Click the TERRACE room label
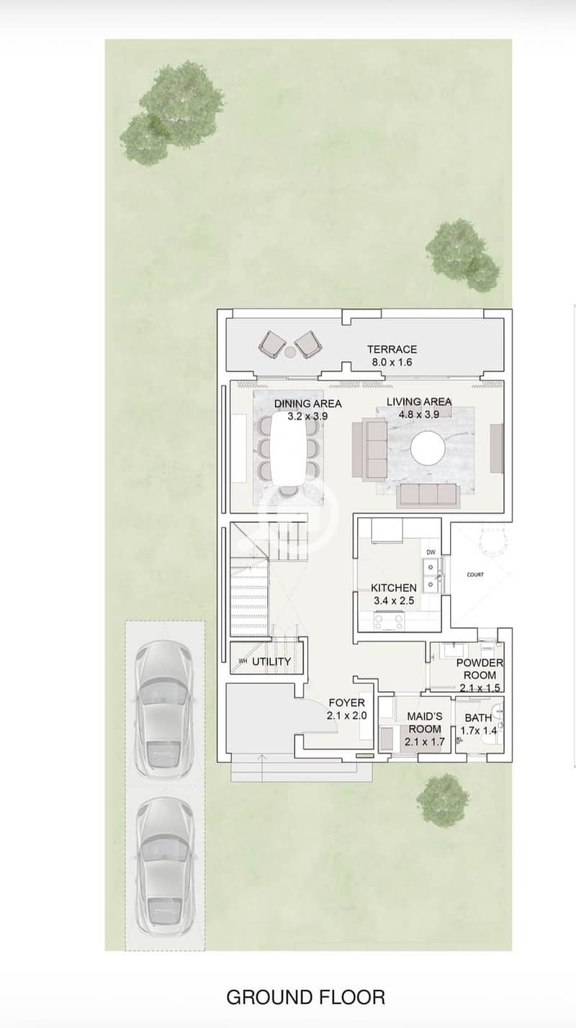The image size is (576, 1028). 392,349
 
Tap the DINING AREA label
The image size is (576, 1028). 308,403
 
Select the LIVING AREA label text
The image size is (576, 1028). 419,402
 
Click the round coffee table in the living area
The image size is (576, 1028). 428,448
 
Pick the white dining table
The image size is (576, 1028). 289,448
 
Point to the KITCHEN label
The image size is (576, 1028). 394,588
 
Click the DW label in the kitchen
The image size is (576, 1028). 431,552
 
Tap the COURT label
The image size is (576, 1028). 475,574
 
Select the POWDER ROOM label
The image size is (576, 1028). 480,669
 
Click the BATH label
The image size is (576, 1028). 478,718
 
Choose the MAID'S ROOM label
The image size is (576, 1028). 425,722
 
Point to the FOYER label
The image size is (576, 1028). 347,703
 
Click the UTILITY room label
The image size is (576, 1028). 271,662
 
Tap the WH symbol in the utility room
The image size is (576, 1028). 243,662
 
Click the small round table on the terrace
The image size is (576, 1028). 291,353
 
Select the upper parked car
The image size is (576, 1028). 165,710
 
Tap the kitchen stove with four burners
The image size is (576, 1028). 390,621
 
